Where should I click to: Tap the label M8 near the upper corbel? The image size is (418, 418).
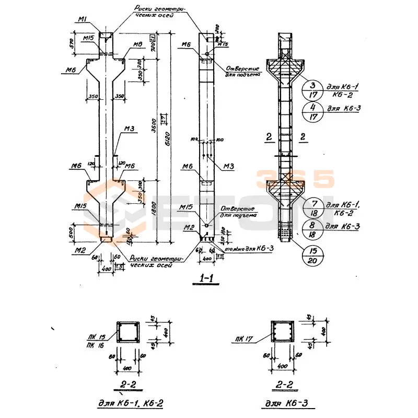[x=137, y=45]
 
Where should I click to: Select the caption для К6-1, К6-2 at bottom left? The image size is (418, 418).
[x=127, y=403]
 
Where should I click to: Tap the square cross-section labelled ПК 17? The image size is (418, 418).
[x=282, y=332]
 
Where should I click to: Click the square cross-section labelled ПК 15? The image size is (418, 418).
[x=128, y=332]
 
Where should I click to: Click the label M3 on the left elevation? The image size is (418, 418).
[x=130, y=129]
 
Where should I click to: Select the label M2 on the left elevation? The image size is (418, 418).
[x=79, y=250]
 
